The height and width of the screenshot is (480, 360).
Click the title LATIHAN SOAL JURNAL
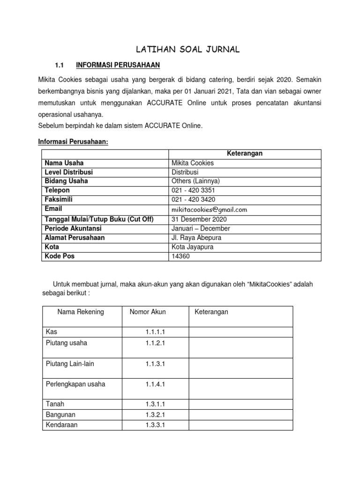pos(187,50)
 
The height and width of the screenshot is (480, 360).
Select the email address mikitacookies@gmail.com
pos(210,210)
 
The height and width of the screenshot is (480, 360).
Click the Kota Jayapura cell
pos(193,247)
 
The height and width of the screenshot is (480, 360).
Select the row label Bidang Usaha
pos(66,181)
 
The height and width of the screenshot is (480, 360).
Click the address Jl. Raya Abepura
pos(196,238)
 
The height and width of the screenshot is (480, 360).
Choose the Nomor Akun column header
pos(148,312)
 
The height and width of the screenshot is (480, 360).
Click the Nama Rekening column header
pos(81,312)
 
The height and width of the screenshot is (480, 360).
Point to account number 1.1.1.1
pos(155,332)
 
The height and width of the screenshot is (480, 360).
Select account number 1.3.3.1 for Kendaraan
pos(155,425)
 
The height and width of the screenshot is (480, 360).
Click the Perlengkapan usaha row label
pos(75,384)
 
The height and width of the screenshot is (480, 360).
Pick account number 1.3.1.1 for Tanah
pos(155,404)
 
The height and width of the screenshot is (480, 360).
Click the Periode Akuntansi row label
pos(73,228)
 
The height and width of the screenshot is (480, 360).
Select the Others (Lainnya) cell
pos(196,181)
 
